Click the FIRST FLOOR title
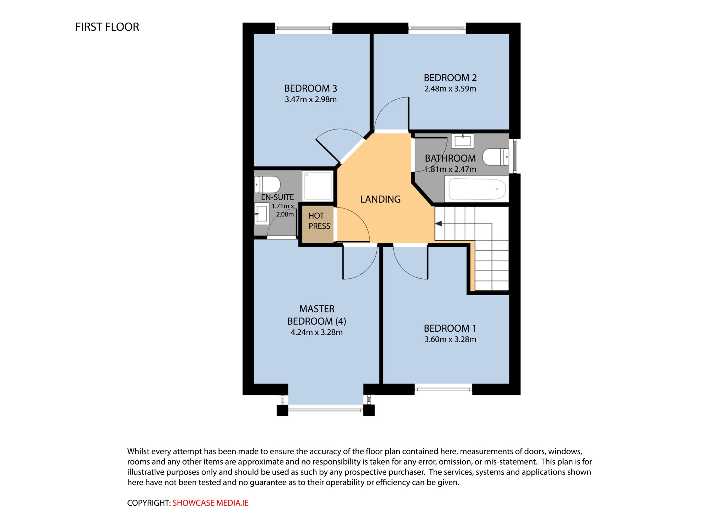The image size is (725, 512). [107, 27]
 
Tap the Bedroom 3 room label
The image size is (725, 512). [310, 88]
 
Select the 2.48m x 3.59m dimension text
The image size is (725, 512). [450, 89]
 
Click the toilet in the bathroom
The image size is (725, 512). [496, 157]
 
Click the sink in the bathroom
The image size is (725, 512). [463, 141]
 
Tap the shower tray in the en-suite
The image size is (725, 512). [318, 186]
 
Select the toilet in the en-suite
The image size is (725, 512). [267, 185]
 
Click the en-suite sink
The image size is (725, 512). [261, 214]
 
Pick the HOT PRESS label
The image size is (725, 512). [319, 221]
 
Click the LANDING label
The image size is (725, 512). [380, 199]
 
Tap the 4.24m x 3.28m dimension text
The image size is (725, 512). [316, 332]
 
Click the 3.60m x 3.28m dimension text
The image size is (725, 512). [450, 339]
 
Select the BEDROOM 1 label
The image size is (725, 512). [450, 328]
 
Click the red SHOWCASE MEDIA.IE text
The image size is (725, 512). [211, 503]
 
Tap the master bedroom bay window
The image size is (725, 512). [326, 410]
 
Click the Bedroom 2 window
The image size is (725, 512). [437, 28]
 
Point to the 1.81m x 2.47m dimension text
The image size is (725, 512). [450, 169]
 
